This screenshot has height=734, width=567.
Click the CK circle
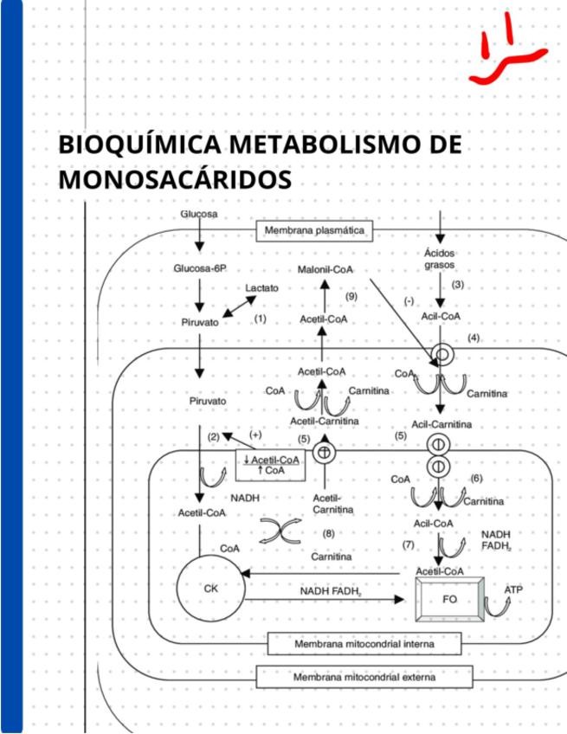[x=211, y=589]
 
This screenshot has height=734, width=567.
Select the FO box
[x=448, y=598]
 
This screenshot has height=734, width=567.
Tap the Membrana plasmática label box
[x=314, y=231]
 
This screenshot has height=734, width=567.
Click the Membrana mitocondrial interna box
[x=364, y=645]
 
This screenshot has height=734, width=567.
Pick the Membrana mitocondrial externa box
[x=364, y=677]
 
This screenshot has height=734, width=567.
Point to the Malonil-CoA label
[x=325, y=270]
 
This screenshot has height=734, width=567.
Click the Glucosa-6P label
[x=200, y=269]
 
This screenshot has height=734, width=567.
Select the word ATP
[x=513, y=589]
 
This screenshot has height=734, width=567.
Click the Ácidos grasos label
[x=439, y=259]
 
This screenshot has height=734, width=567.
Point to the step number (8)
[x=329, y=533]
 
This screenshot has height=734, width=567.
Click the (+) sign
[x=255, y=435]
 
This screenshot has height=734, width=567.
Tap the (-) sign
[x=409, y=300]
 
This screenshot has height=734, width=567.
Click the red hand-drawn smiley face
[x=506, y=52]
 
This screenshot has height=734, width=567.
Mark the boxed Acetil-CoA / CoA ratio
[x=271, y=466]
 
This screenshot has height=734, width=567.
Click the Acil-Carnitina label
[x=441, y=424]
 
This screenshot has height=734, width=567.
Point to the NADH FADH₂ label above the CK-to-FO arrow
[x=331, y=591]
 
